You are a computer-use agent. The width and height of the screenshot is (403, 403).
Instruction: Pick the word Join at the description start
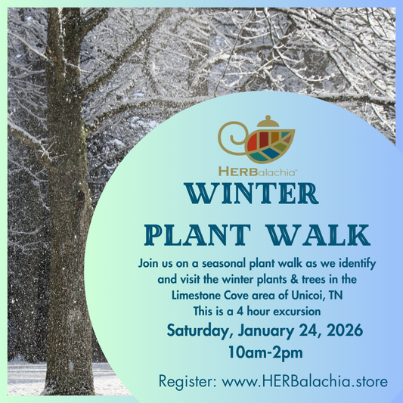[150, 264]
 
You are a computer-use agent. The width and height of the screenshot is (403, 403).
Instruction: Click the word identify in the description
[358, 264]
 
